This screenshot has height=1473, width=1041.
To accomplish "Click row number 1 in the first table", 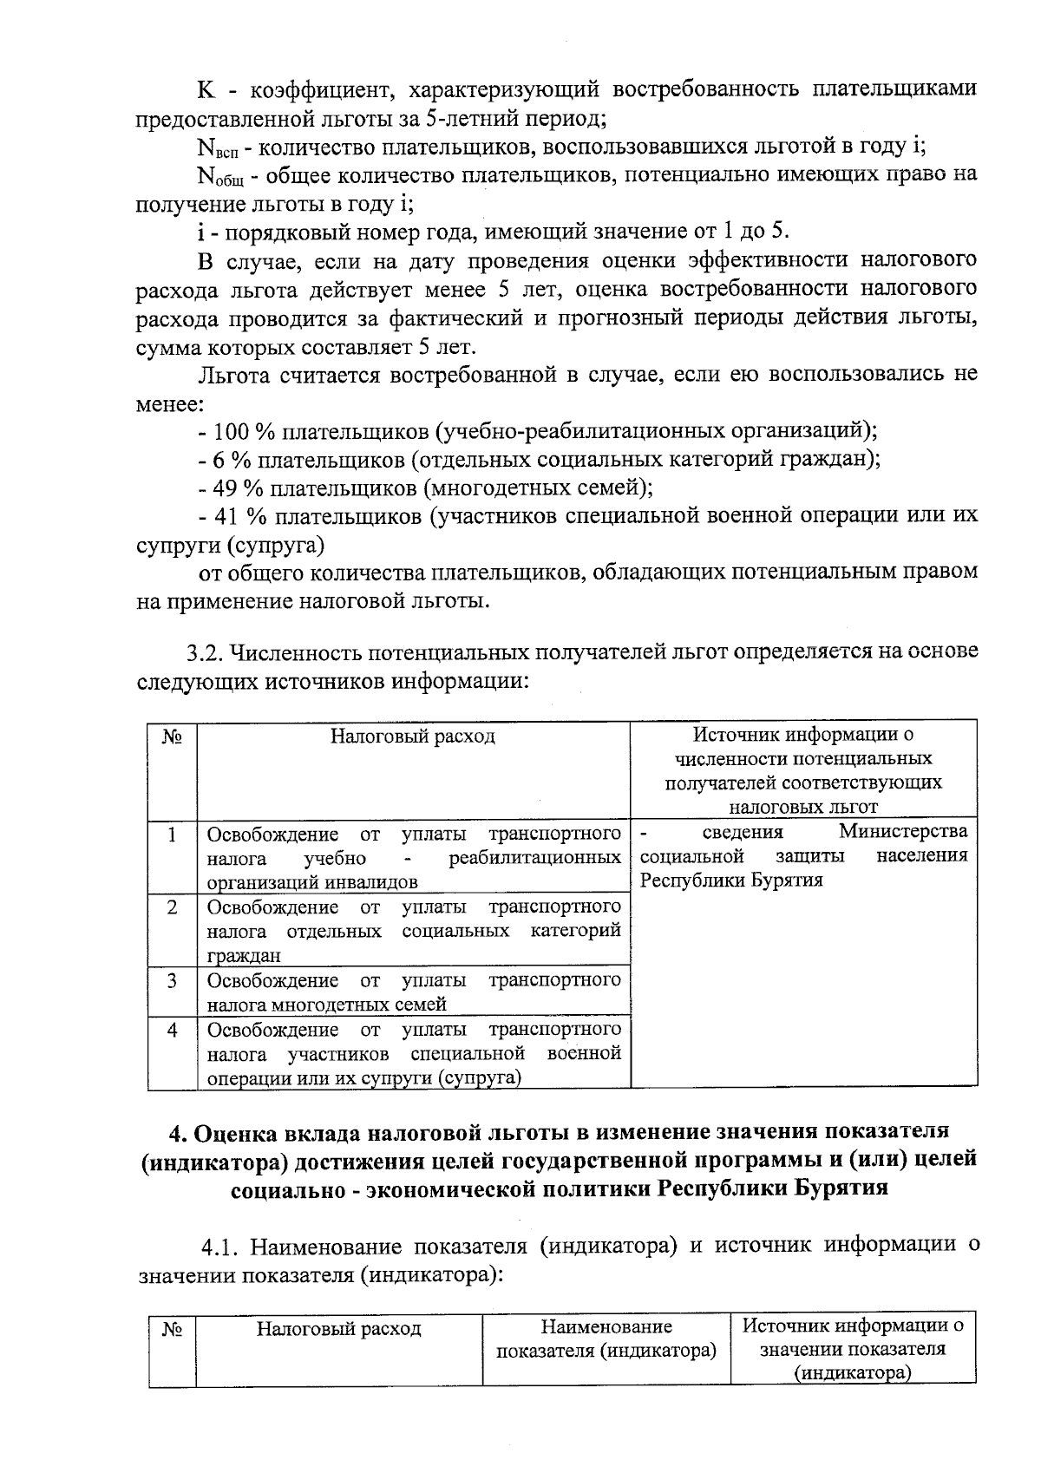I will click(x=173, y=835).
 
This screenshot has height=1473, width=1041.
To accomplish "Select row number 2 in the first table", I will click(x=173, y=907).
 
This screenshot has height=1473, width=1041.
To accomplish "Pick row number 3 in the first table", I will click(x=173, y=980).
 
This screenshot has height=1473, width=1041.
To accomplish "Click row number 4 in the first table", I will click(x=173, y=1030).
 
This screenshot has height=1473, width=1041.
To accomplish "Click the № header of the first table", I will click(x=172, y=737).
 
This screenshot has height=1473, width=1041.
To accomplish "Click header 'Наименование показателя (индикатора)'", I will click(x=606, y=1339).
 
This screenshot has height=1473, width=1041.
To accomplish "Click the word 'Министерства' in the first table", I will click(x=903, y=832).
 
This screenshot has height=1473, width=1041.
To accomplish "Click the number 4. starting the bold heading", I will click(x=177, y=1132).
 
